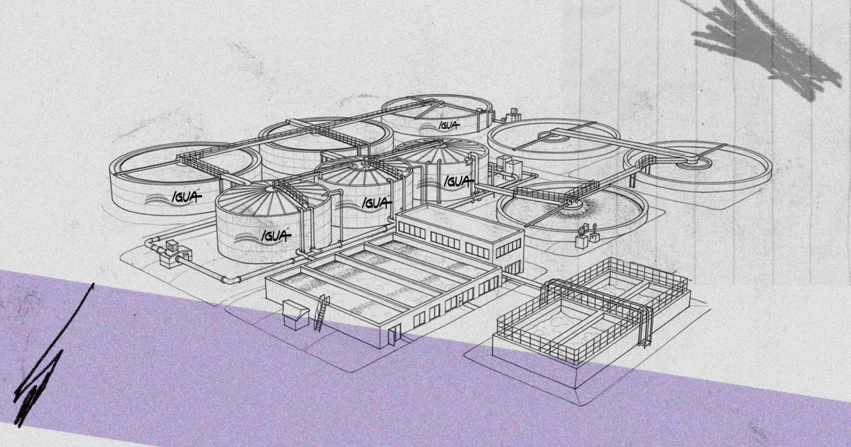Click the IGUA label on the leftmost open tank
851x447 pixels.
(187, 197)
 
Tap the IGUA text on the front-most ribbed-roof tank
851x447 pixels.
(276, 236)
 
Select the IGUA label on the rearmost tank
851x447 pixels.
(449, 125)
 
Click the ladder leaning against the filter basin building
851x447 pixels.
(321, 312)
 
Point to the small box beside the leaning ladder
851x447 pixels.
(296, 314)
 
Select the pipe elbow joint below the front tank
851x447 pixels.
(230, 280)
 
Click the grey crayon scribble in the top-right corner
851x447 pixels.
(764, 45)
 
